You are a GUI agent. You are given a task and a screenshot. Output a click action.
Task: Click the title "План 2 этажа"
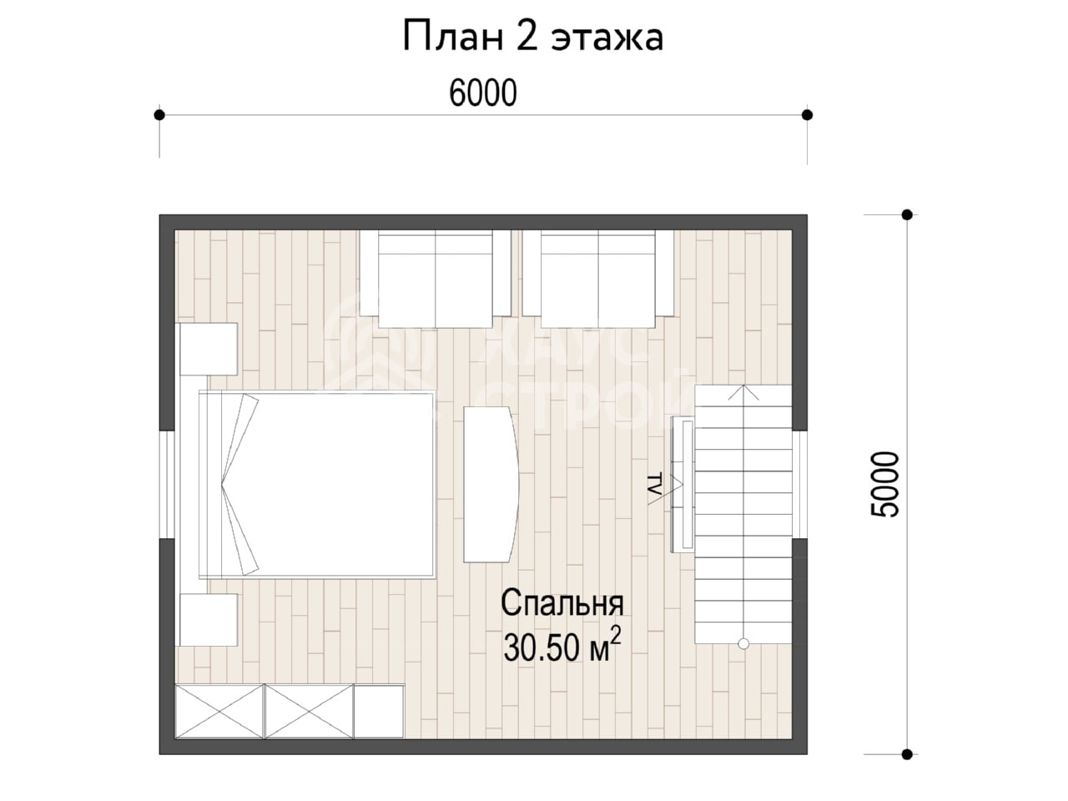pyautogui.click(x=533, y=37)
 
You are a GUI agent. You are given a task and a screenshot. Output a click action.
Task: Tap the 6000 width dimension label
pyautogui.click(x=482, y=93)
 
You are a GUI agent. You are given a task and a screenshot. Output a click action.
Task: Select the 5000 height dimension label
pyautogui.click(x=884, y=485)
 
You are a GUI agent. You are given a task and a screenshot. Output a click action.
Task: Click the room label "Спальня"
pyautogui.click(x=562, y=603)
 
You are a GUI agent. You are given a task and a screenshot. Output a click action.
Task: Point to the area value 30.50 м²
pyautogui.click(x=562, y=646)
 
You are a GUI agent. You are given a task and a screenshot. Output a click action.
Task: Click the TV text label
pyautogui.click(x=655, y=485)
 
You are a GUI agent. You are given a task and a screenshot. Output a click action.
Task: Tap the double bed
pyautogui.click(x=316, y=485)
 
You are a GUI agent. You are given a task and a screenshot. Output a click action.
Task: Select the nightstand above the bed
pyautogui.click(x=209, y=349)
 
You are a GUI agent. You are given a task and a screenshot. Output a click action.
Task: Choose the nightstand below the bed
pyautogui.click(x=209, y=620)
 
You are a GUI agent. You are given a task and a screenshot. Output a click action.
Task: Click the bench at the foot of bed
pyautogui.click(x=491, y=485)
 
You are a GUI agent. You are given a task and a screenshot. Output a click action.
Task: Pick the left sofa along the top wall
pyautogui.click(x=436, y=279)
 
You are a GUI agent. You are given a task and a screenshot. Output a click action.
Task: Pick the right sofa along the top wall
pyautogui.click(x=598, y=279)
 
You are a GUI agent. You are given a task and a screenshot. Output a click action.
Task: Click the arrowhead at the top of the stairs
pyautogui.click(x=743, y=392)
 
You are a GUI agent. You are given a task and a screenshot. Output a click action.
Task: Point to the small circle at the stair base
pyautogui.click(x=743, y=644)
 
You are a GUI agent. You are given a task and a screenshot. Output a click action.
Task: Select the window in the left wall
pyautogui.click(x=167, y=485)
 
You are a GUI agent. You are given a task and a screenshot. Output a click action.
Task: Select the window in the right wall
pyautogui.click(x=800, y=485)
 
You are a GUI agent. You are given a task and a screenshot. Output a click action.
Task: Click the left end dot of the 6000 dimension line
pyautogui.click(x=159, y=115)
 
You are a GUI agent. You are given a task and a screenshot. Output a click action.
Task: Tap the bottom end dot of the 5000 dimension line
pyautogui.click(x=907, y=754)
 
